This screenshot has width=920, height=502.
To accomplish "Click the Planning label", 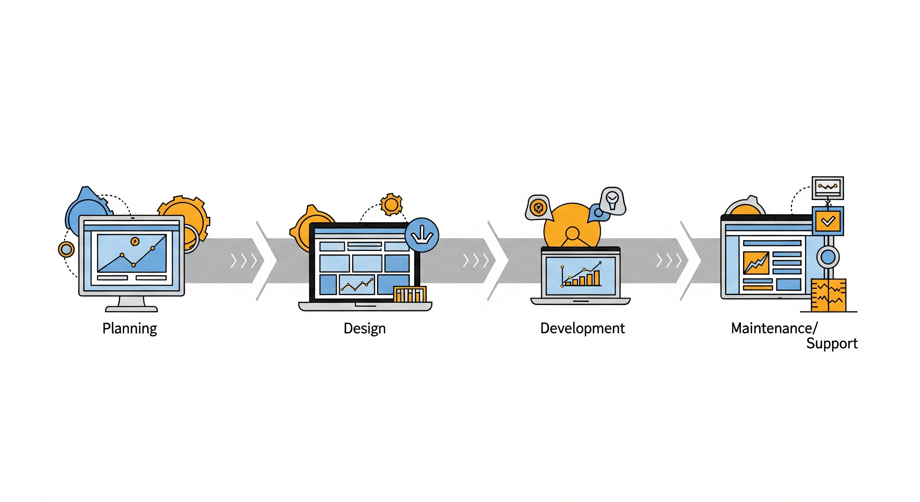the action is pyautogui.click(x=130, y=328).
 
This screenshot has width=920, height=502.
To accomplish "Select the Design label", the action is pyautogui.click(x=365, y=328).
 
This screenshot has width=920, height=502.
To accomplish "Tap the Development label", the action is pyautogui.click(x=583, y=328).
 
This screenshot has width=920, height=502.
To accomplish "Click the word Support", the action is pyautogui.click(x=832, y=343).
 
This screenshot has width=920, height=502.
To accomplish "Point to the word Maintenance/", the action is pyautogui.click(x=774, y=328).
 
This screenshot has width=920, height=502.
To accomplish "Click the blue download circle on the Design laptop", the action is pyautogui.click(x=422, y=235).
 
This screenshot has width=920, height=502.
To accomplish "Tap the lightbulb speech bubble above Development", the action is pyautogui.click(x=613, y=201).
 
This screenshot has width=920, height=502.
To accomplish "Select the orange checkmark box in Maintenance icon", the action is pyautogui.click(x=828, y=221).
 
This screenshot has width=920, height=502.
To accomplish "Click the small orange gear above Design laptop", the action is pyautogui.click(x=391, y=204).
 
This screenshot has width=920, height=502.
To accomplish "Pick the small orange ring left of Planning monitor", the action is pyautogui.click(x=66, y=249).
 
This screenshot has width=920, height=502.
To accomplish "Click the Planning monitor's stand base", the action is pyautogui.click(x=131, y=309).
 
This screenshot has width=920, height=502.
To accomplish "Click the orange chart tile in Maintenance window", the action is pyautogui.click(x=756, y=263).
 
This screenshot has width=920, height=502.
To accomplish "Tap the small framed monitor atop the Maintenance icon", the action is pyautogui.click(x=828, y=188).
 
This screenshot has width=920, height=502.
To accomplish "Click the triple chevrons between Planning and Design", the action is pyautogui.click(x=244, y=261).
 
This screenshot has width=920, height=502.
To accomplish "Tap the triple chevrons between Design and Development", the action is pyautogui.click(x=476, y=261).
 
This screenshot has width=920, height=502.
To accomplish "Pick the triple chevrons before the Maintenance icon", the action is pyautogui.click(x=669, y=261).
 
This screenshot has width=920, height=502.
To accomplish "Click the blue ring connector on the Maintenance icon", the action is pyautogui.click(x=828, y=257).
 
